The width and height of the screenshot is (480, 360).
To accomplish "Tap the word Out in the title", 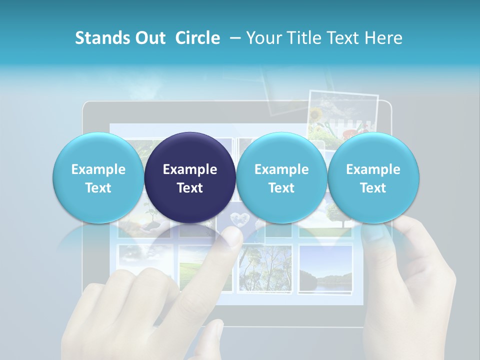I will tap(149, 38).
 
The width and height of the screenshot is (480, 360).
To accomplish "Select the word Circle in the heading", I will tap(197, 38).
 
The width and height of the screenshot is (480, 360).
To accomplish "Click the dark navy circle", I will tap(190, 177).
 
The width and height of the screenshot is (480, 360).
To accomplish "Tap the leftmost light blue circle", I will tap(98, 177).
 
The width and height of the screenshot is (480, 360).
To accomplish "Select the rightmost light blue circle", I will tap(373, 177).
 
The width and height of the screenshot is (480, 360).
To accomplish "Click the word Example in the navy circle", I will tap(190, 169).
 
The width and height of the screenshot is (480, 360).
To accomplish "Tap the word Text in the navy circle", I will tap(190, 188).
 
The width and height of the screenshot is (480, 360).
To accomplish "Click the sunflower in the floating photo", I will tap(316, 114).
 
